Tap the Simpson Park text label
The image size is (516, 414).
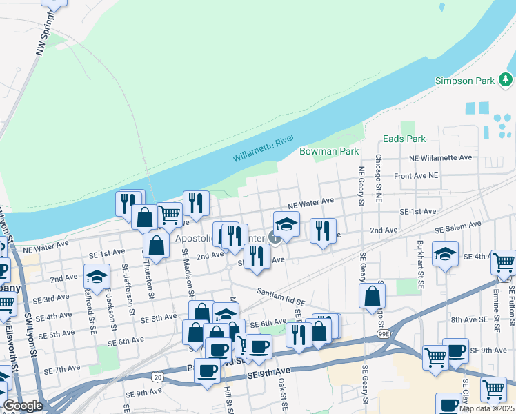coord(465,81)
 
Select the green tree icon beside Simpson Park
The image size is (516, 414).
coord(506,81)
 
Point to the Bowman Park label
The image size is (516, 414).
coord(329,150)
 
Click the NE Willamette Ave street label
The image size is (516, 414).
coord(440,158)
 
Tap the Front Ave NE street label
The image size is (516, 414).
coord(416,176)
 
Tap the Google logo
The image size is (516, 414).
coord(22,406)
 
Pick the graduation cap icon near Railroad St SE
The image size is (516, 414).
coord(97,277)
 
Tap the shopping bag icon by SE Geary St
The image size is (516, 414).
coord(372,295)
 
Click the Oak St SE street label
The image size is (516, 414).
coord(282,394)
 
